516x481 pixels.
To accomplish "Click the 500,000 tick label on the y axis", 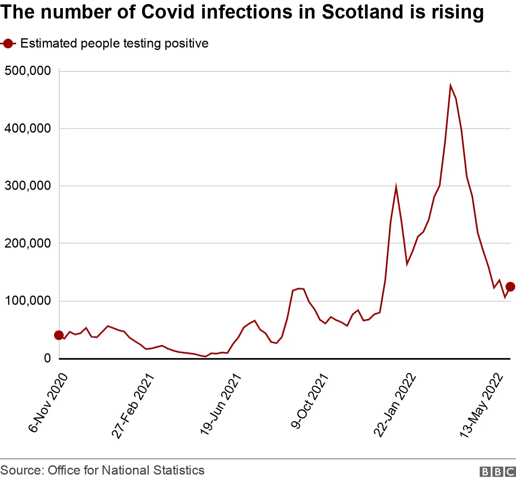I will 27,71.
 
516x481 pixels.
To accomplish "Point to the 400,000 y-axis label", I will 27,129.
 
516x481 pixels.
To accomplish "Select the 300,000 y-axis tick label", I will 27,186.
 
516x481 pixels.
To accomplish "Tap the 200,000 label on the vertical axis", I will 27,243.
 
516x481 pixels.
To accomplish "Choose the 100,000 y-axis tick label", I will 27,301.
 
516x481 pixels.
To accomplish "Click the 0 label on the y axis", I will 48,358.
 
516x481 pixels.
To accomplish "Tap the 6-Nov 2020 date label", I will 48,403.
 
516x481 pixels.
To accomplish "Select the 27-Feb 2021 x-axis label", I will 133,406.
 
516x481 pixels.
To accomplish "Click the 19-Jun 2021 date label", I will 221,404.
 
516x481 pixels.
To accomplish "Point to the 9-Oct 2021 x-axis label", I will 310,401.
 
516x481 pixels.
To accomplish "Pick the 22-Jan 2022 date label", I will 395,405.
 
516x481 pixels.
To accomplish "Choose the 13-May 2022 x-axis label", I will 482,406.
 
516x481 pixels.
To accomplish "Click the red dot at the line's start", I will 59,335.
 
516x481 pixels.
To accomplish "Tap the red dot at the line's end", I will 510,287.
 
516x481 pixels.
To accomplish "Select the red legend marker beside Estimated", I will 8,44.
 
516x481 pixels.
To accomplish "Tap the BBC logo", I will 497,472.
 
